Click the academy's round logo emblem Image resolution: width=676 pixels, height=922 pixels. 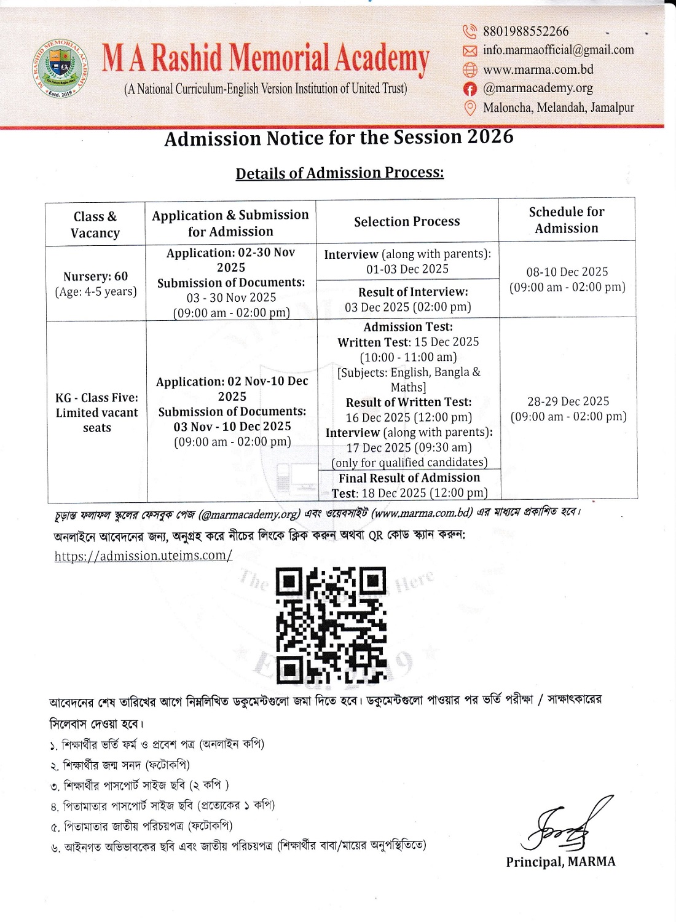tap(60, 69)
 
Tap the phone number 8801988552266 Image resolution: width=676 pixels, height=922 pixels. tap(525, 31)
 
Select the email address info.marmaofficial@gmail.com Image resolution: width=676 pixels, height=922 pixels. tap(558, 50)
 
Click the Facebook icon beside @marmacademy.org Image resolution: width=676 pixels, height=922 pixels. tap(470, 89)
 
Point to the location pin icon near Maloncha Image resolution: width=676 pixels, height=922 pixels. tap(470, 108)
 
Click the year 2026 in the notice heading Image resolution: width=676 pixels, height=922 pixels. tap(490, 136)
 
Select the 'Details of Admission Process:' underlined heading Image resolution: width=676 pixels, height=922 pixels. tap(339, 173)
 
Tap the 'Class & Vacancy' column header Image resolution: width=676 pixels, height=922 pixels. tap(95, 224)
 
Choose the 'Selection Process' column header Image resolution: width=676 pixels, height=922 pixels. tap(407, 221)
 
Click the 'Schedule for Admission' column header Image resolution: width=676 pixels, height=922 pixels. tap(566, 219)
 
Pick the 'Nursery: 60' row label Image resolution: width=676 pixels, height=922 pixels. tap(95, 277)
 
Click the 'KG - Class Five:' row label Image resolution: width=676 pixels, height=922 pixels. tap(96, 398)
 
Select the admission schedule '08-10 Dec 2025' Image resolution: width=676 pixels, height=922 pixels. tap(567, 272)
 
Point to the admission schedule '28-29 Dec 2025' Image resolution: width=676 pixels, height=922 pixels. tap(568, 401)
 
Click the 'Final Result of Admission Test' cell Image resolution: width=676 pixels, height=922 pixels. tap(409, 485)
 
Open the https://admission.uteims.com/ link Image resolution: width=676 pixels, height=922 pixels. tap(143, 556)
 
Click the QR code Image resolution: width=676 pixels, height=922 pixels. tap(331, 625)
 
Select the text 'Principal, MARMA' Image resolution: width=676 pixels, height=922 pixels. tap(560, 862)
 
